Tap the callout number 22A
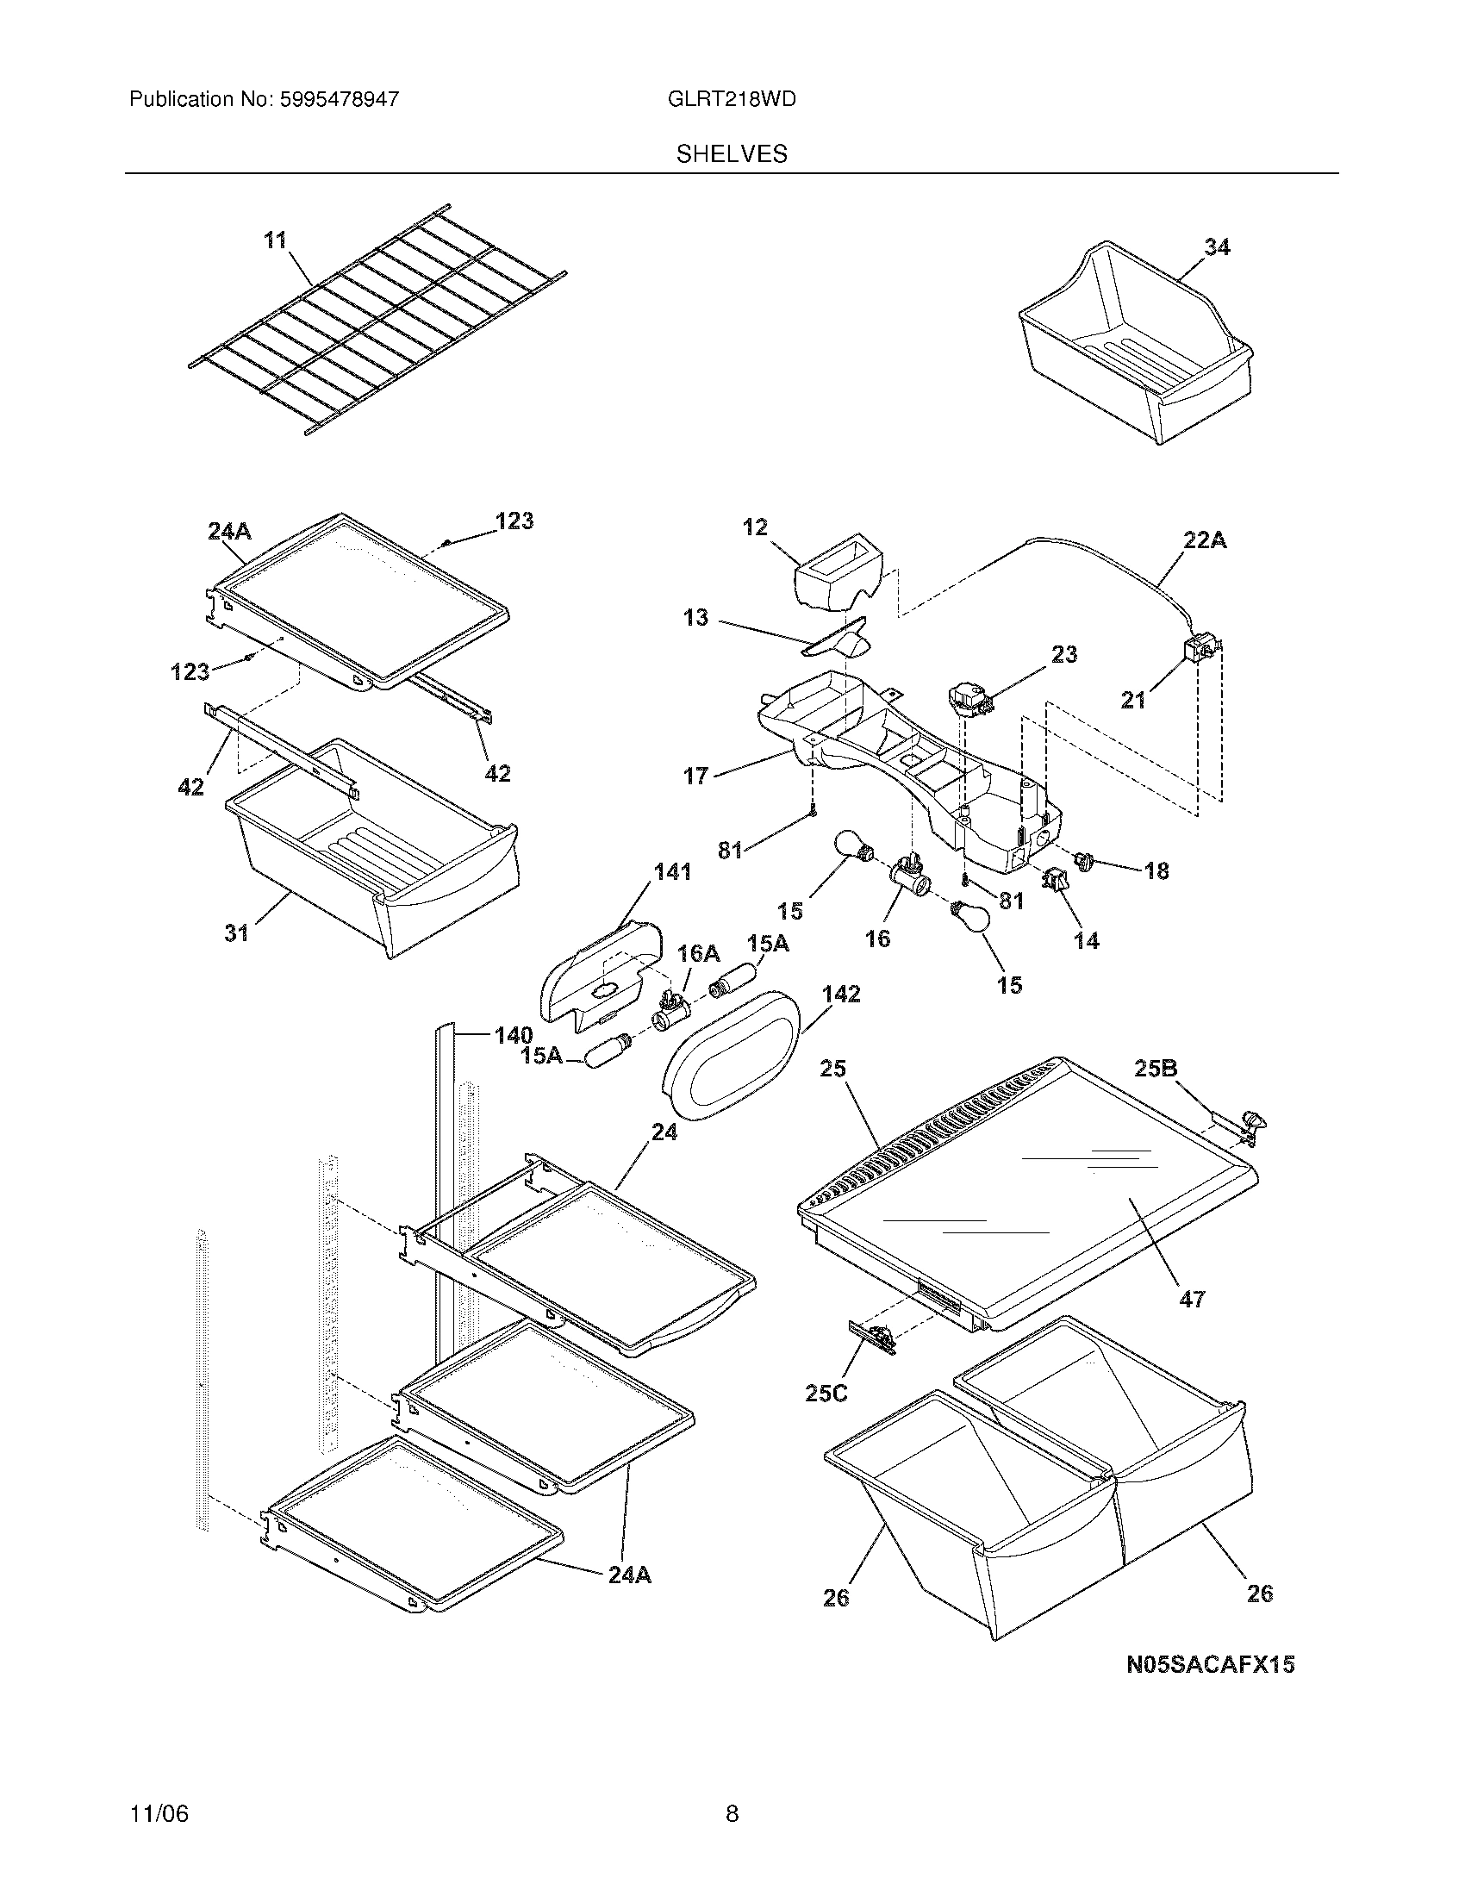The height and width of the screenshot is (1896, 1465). [x=1206, y=541]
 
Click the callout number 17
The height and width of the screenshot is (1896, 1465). [x=696, y=776]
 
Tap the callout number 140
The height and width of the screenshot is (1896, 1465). [x=513, y=1035]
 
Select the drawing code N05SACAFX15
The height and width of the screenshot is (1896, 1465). [x=1210, y=1664]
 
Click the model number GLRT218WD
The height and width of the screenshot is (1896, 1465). [x=732, y=99]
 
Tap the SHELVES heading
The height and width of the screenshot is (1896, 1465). [x=732, y=154]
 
